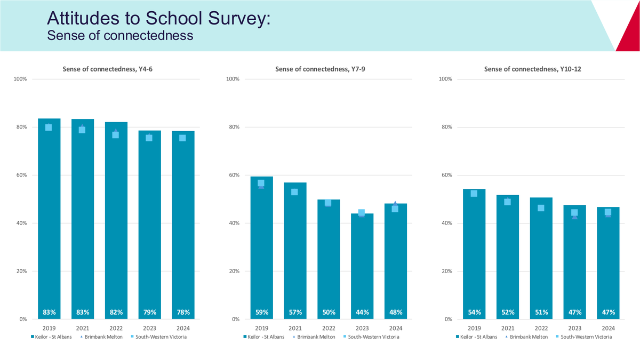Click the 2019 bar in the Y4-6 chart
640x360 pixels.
point(49,219)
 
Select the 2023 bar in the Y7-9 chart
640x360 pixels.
point(362,266)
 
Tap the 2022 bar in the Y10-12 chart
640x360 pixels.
point(541,258)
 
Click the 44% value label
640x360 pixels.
point(362,313)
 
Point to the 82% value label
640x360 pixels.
point(116,313)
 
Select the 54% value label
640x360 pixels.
point(474,313)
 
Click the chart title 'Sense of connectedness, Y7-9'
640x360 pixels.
point(320,69)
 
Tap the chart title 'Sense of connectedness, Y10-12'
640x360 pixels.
point(533,69)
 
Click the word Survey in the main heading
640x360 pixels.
point(238,19)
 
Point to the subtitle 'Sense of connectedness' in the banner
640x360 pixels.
point(120,35)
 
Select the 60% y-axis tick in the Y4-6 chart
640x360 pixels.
point(21,175)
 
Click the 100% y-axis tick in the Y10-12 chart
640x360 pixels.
point(445,79)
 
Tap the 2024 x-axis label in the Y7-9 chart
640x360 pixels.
point(396,329)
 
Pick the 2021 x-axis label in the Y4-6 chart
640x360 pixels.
point(83,329)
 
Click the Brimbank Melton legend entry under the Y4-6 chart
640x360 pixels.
point(101,337)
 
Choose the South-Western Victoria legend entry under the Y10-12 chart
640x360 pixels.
point(583,337)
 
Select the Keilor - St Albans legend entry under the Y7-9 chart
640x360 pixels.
point(263,337)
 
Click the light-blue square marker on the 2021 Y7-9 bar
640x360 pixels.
point(294,192)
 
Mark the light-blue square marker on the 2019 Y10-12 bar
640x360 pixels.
point(474,194)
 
